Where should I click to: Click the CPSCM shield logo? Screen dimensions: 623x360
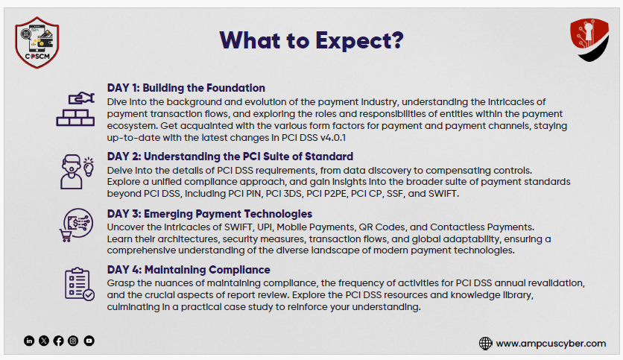pyautogui.click(x=37, y=42)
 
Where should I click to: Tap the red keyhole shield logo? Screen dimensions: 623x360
pyautogui.click(x=589, y=40)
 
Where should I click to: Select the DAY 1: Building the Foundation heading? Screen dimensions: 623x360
pyautogui.click(x=186, y=88)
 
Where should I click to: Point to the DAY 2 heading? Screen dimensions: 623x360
pyautogui.click(x=230, y=157)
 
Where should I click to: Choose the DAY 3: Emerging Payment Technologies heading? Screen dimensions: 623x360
pyautogui.click(x=209, y=214)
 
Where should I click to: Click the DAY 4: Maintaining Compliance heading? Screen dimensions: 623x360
pyautogui.click(x=189, y=270)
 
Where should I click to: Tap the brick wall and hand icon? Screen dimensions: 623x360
pyautogui.click(x=75, y=109)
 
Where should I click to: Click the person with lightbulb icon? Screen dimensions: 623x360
pyautogui.click(x=77, y=171)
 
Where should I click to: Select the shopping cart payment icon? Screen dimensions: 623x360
pyautogui.click(x=76, y=225)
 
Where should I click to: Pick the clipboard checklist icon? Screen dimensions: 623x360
pyautogui.click(x=79, y=284)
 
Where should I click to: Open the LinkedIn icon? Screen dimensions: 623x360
pyautogui.click(x=29, y=341)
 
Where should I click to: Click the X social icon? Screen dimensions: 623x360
pyautogui.click(x=44, y=341)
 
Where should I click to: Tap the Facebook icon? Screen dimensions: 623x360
pyautogui.click(x=58, y=341)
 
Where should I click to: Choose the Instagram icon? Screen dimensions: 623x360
pyautogui.click(x=73, y=341)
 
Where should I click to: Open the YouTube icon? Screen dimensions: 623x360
pyautogui.click(x=89, y=341)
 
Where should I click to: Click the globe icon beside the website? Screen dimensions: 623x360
pyautogui.click(x=486, y=344)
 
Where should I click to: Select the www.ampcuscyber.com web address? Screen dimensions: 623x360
pyautogui.click(x=551, y=344)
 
